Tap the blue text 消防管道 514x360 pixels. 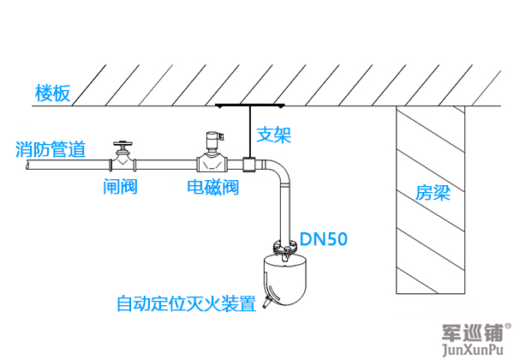(51, 150)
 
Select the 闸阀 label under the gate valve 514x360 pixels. (120, 186)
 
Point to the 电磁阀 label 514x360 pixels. (212, 186)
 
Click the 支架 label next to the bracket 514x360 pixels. (274, 135)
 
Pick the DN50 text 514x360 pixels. (323, 241)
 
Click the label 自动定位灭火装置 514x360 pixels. (186, 303)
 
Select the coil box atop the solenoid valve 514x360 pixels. (212, 137)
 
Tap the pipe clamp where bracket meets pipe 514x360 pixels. (248, 163)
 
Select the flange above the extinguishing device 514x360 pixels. (284, 249)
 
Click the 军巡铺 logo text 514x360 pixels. (470, 331)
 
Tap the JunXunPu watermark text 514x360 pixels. (475, 349)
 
